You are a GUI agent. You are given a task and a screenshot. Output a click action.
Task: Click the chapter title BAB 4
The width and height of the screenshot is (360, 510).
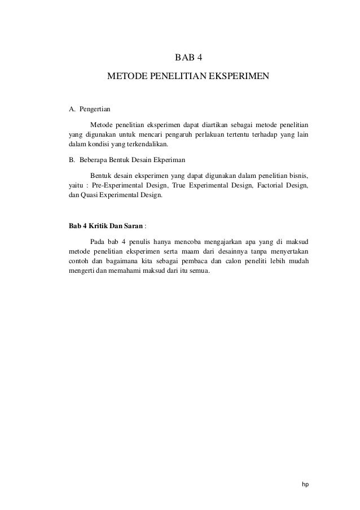(188, 56)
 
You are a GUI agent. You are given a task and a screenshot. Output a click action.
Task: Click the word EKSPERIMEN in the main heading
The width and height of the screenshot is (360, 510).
(238, 75)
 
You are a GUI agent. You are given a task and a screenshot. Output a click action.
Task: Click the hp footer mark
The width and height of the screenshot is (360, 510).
(305, 484)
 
